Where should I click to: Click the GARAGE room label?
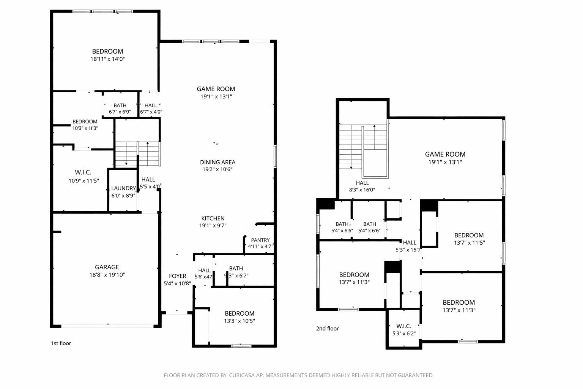point(107,267)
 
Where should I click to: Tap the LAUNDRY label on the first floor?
point(123,188)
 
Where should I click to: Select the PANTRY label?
point(260,240)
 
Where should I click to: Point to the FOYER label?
point(177,276)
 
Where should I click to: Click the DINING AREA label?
point(217,162)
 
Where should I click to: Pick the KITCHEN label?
point(213,218)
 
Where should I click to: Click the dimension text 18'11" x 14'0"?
point(107,59)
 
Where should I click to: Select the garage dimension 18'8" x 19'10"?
point(107,275)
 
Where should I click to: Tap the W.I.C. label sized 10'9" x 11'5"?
point(83,172)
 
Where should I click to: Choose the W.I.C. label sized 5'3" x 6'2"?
point(403,326)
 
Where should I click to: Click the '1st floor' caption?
point(61,343)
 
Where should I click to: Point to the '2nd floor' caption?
point(327,329)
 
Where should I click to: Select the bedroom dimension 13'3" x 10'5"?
point(239,321)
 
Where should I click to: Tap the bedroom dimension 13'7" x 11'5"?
point(469,242)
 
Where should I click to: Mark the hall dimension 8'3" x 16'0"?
point(362,190)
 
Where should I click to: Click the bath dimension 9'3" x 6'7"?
point(236,276)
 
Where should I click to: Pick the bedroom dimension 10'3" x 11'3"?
point(85,128)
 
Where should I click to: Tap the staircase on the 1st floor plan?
point(137,154)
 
